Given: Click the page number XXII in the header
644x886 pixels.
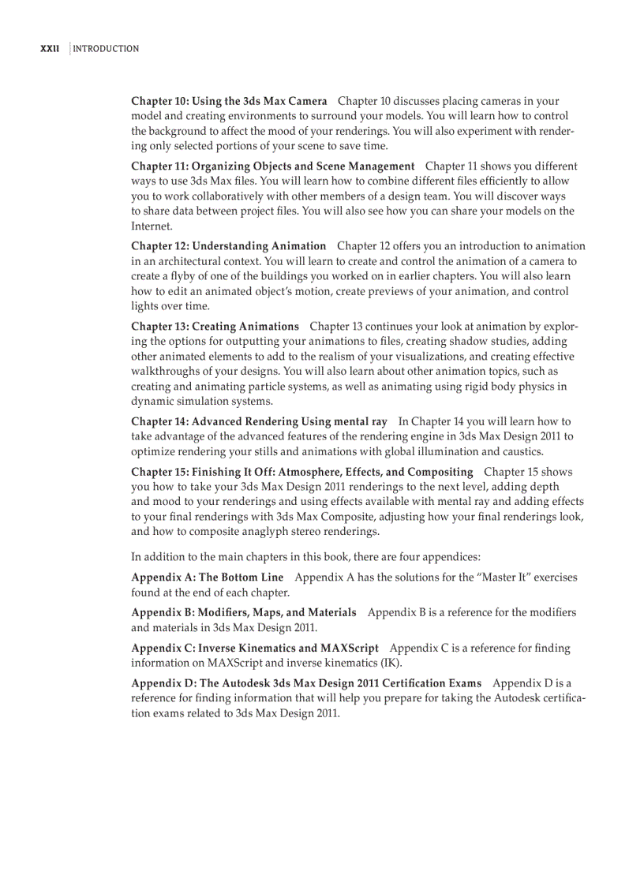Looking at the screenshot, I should click(50, 49).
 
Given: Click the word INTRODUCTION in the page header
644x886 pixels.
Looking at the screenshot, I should click(106, 49).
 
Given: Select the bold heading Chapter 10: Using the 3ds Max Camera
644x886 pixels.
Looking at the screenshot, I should click(229, 101).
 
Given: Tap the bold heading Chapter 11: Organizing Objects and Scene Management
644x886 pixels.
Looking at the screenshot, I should click(272, 166).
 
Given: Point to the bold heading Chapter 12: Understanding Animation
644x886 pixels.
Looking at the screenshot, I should click(228, 246).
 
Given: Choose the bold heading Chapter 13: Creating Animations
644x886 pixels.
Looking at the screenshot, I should click(215, 326).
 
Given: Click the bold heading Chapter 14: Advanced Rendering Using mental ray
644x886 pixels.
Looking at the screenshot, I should click(259, 421).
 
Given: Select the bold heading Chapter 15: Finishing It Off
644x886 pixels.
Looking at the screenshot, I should click(301, 472).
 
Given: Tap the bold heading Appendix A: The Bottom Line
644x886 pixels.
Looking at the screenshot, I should click(207, 578).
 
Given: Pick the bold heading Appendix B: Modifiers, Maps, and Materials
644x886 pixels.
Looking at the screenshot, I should click(243, 612).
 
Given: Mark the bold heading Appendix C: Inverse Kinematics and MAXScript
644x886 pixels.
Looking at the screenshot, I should click(254, 648).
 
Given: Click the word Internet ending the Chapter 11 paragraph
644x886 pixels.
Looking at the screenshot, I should click(151, 226).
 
